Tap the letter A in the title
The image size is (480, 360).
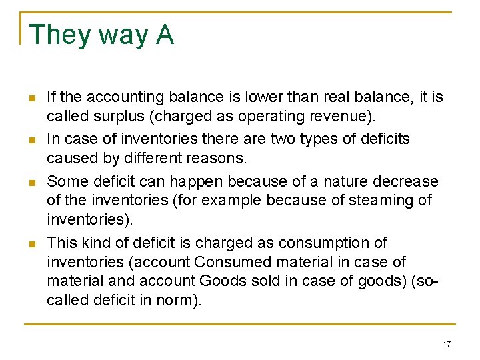pos(165,35)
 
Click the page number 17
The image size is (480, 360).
pos(446,344)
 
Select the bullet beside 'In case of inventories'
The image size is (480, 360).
pos(31,140)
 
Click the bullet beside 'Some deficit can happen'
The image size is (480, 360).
pos(31,182)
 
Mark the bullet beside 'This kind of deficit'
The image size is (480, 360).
pos(31,244)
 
